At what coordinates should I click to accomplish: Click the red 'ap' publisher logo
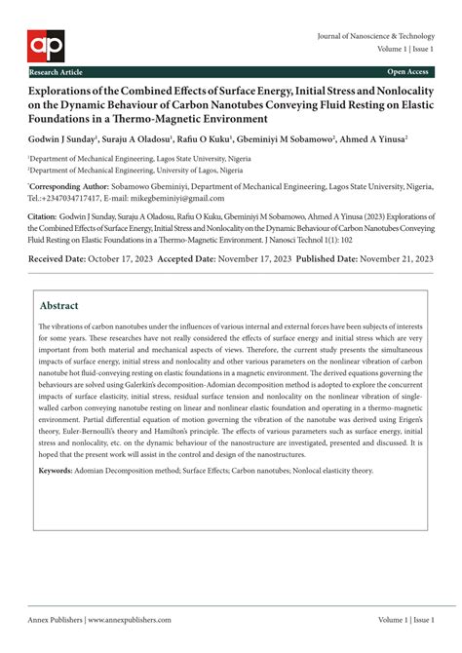[44, 43]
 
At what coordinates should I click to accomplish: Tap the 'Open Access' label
[408, 72]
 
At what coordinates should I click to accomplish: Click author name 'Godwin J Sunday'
[61, 139]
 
